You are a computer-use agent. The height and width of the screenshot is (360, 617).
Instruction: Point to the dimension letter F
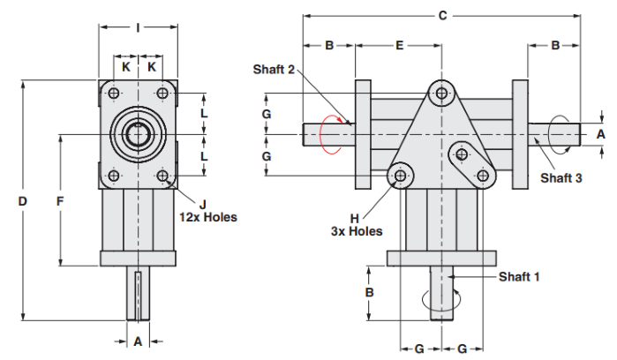(x=60, y=201)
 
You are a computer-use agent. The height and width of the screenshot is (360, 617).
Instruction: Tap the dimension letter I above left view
(x=139, y=27)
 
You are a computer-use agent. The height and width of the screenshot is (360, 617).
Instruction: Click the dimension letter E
(x=399, y=44)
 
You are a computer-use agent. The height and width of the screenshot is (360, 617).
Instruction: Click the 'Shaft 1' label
(x=519, y=276)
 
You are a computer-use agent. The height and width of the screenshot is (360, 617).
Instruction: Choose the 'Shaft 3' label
(x=561, y=177)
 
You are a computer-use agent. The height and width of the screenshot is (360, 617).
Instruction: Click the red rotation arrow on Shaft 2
(x=330, y=134)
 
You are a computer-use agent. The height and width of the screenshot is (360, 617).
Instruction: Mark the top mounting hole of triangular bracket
(x=442, y=92)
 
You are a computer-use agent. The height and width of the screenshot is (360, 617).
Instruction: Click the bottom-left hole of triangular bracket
(x=402, y=176)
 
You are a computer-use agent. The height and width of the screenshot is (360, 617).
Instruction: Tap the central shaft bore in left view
(x=139, y=134)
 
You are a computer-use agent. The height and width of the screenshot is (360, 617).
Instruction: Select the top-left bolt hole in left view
(x=114, y=93)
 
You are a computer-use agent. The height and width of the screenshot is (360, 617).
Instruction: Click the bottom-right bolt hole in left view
(x=163, y=176)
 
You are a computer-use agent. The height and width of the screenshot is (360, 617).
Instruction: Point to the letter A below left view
(x=138, y=341)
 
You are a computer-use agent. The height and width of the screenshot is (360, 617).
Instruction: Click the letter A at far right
(x=600, y=134)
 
